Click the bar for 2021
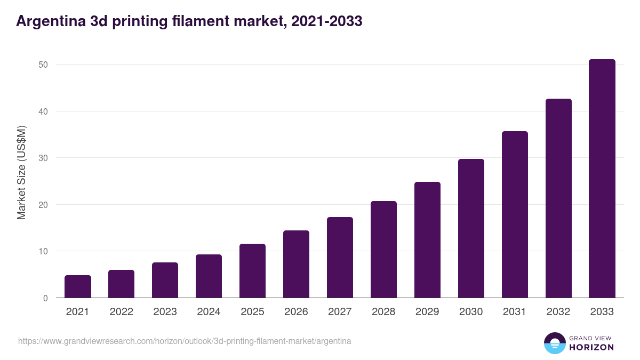(78, 286)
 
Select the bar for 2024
(209, 276)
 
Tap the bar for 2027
(340, 258)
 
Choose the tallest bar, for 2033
(602, 179)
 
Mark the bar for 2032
(558, 198)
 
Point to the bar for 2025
(252, 271)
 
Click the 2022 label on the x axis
(122, 312)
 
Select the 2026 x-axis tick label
(296, 312)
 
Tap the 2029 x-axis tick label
(427, 312)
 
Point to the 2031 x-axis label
(515, 312)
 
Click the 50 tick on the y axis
(43, 65)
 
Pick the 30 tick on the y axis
(43, 158)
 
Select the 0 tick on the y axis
(45, 298)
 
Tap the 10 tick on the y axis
(43, 251)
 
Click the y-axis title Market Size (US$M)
(21, 172)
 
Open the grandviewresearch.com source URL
(185, 341)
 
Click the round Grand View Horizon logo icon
(554, 343)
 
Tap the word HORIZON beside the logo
(592, 347)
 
